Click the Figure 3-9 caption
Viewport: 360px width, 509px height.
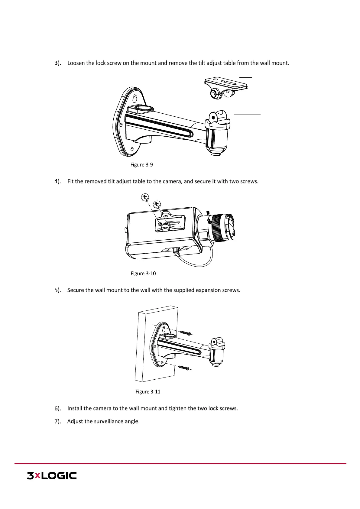pyautogui.click(x=141, y=165)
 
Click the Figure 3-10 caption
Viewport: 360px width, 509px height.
pyautogui.click(x=143, y=274)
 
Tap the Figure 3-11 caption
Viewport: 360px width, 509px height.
pyautogui.click(x=148, y=392)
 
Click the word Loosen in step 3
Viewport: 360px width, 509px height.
pyautogui.click(x=76, y=63)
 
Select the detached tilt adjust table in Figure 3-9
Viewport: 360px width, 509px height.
pyautogui.click(x=225, y=87)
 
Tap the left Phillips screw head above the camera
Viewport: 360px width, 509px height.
pyautogui.click(x=145, y=197)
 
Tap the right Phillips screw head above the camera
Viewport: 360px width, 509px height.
pyautogui.click(x=157, y=204)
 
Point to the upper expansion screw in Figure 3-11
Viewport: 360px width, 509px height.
pyautogui.click(x=186, y=333)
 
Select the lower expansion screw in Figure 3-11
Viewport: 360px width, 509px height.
pyautogui.click(x=184, y=368)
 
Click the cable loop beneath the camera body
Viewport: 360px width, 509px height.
pyautogui.click(x=193, y=260)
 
